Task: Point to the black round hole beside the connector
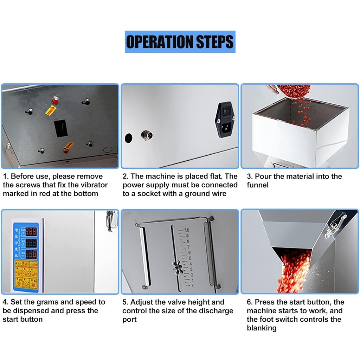click(129, 137)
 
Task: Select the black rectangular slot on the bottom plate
click(60, 128)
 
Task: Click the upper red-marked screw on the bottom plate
click(55, 101)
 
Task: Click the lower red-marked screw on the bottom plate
click(66, 151)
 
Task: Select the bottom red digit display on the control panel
click(31, 253)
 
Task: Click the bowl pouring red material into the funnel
click(294, 90)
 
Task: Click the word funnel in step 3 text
click(258, 185)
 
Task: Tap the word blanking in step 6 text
click(262, 328)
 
